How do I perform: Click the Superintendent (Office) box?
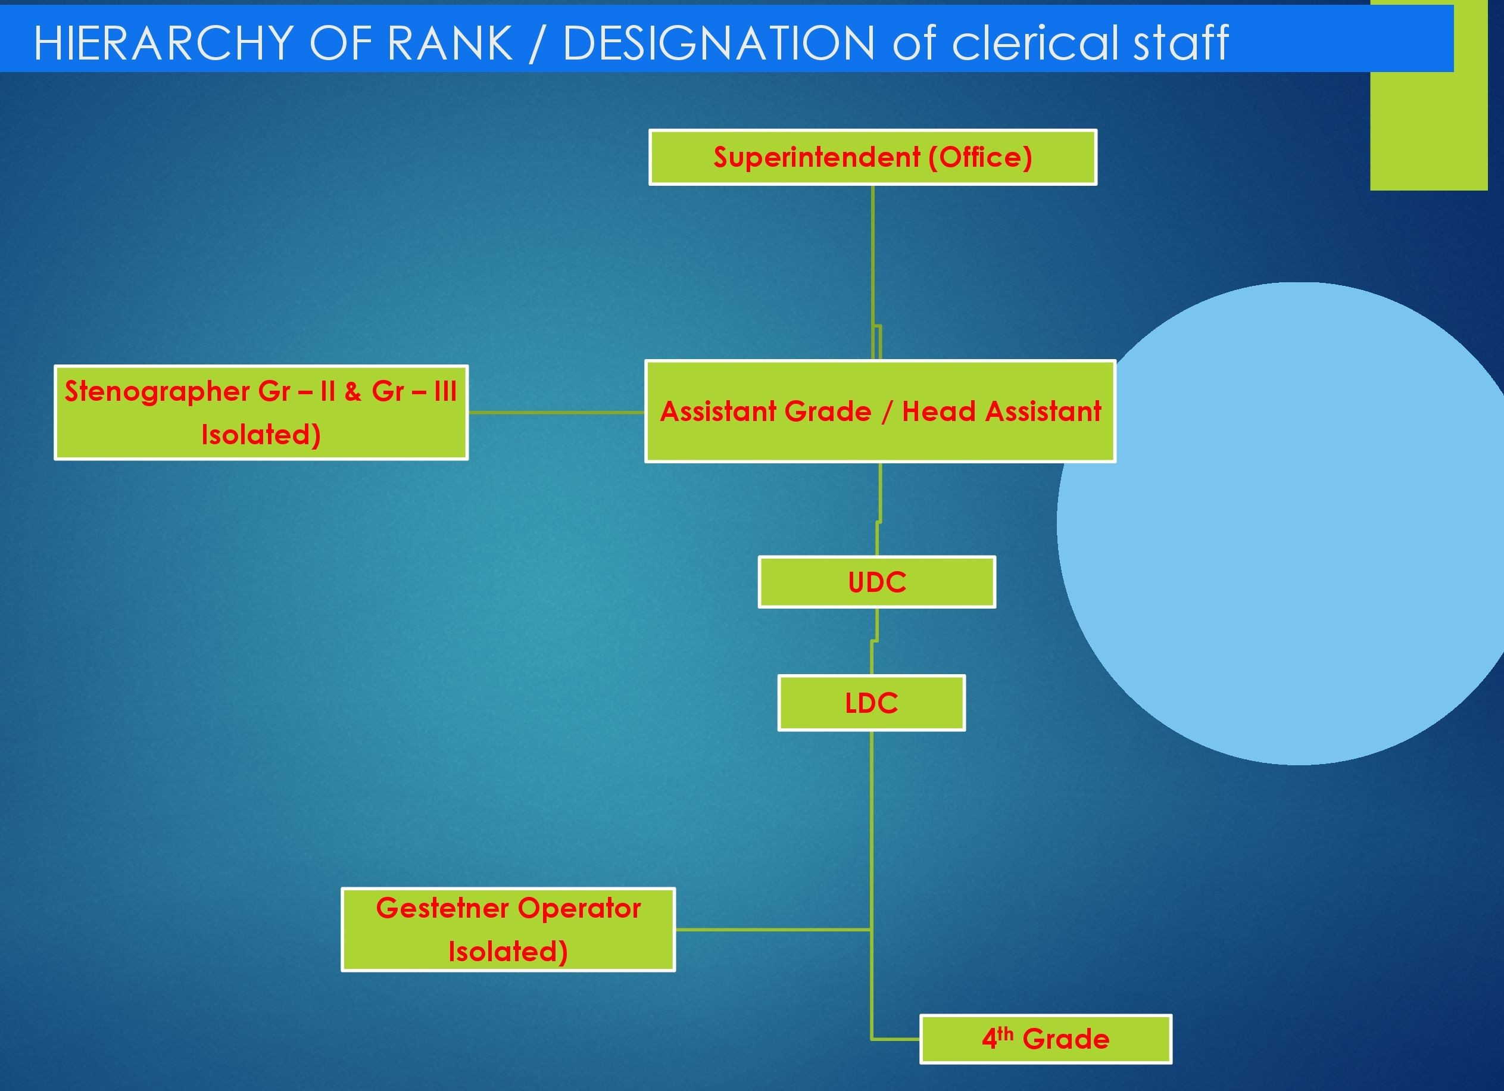(873, 157)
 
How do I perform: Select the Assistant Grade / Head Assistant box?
(880, 411)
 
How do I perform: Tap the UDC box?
(876, 582)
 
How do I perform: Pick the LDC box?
(871, 703)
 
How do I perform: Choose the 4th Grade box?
(1046, 1039)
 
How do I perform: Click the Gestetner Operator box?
(508, 929)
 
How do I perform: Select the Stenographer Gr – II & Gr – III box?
(261, 412)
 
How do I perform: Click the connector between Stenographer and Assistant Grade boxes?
(556, 412)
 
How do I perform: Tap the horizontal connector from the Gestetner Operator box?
(773, 929)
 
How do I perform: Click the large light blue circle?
(1280, 524)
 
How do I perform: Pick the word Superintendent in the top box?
(817, 158)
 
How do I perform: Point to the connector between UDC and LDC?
(874, 641)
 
